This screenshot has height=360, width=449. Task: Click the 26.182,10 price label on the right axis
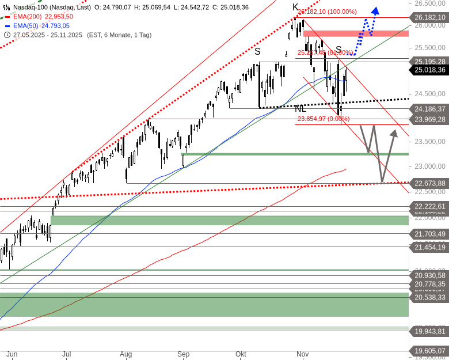point(429,18)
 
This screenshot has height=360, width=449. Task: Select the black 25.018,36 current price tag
point(429,70)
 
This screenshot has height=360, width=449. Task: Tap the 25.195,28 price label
point(429,61)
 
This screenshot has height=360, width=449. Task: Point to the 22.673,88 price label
point(429,183)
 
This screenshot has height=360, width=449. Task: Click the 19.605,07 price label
point(429,351)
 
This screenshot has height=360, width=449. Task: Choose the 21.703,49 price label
point(429,233)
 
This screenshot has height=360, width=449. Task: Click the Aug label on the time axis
point(126,354)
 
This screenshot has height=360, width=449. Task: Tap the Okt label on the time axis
point(241,354)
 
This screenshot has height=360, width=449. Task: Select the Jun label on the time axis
point(12,354)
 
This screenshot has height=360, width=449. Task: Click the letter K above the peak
point(295,7)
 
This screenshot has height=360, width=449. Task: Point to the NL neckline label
point(300,108)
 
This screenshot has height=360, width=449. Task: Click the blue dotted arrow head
point(375,10)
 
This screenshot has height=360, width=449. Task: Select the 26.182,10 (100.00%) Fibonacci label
point(326,12)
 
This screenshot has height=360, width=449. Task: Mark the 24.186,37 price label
point(429,108)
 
